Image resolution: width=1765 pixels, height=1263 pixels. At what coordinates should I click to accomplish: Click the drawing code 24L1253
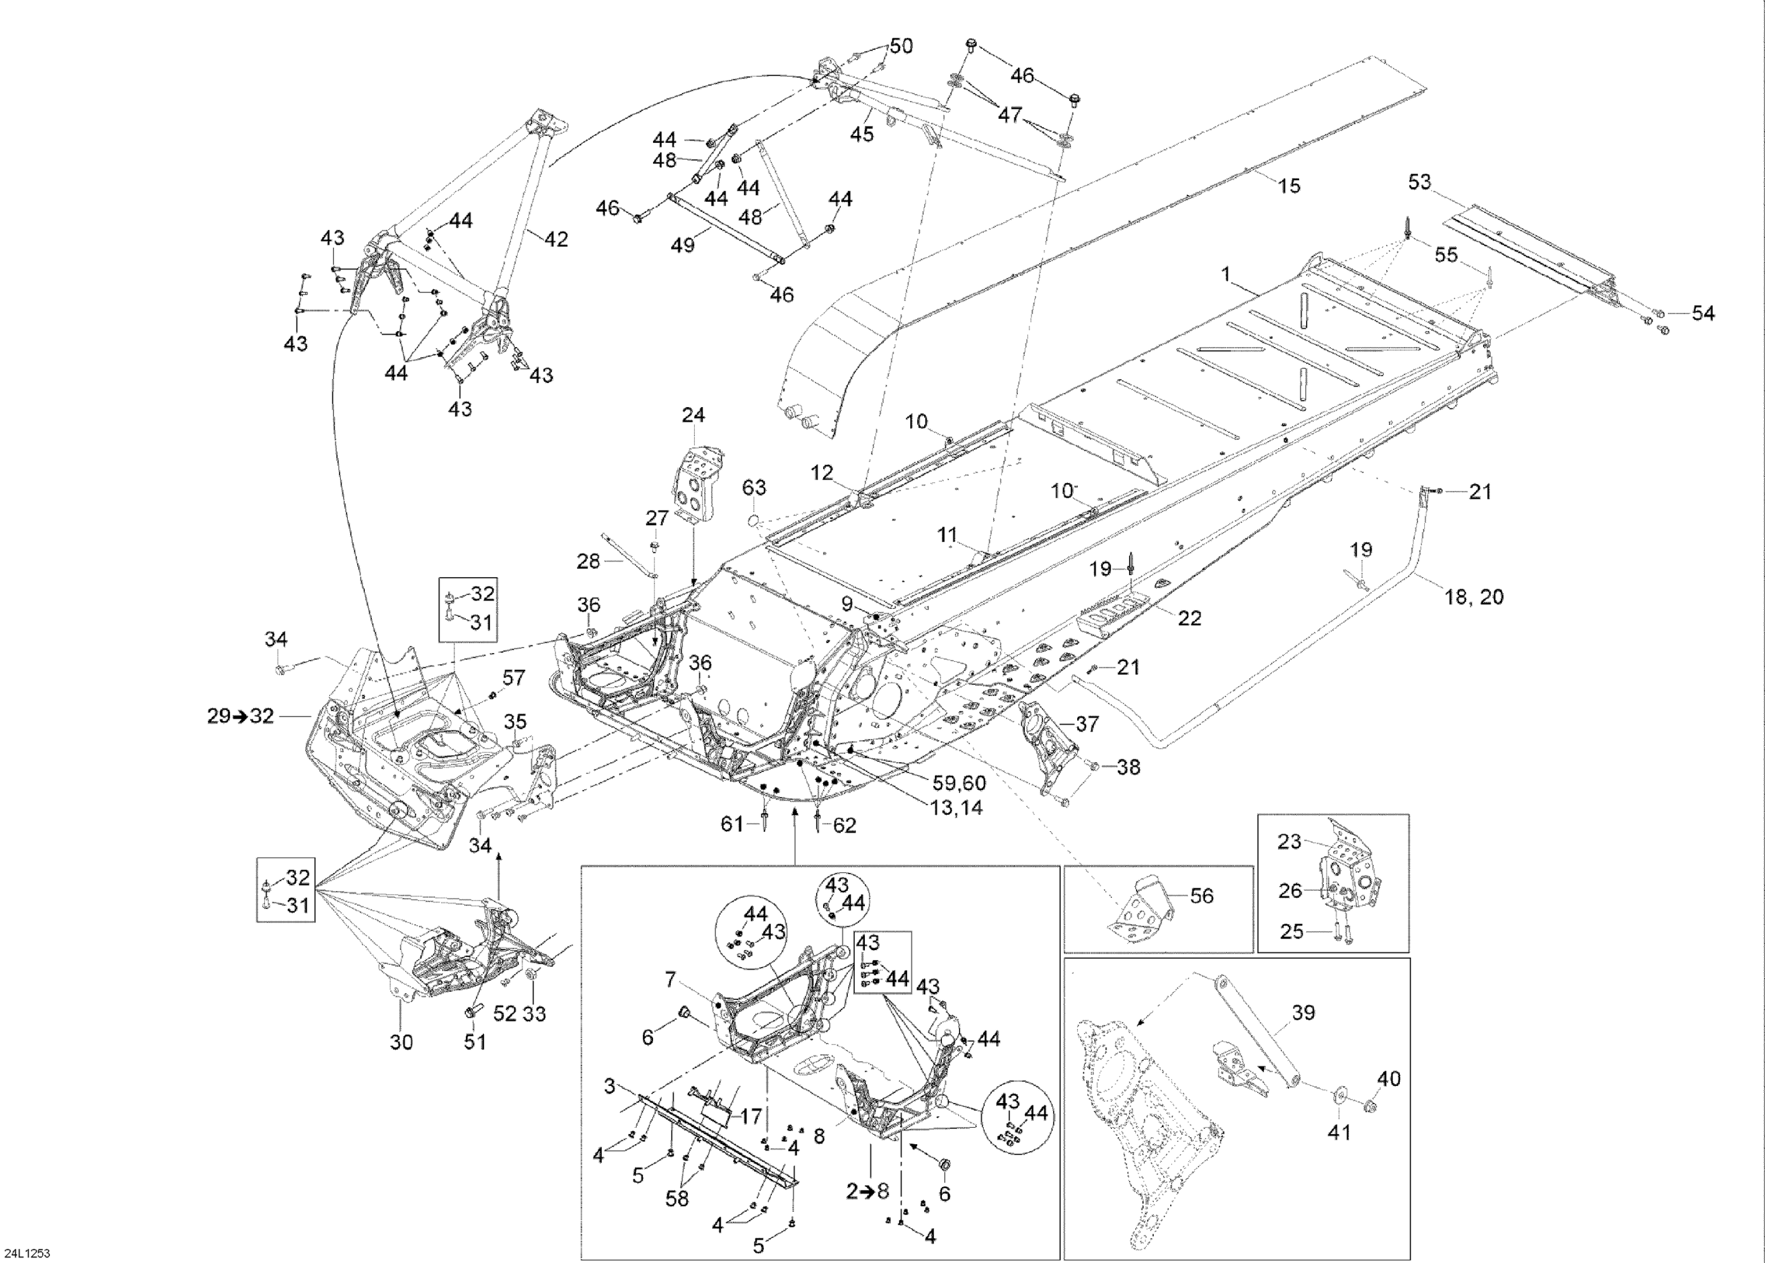coord(26,1254)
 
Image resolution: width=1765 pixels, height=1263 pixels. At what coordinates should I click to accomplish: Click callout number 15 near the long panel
coord(1289,186)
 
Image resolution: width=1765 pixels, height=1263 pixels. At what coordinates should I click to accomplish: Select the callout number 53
coord(1419,182)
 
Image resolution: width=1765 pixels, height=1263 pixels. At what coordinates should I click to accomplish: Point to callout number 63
coord(754,488)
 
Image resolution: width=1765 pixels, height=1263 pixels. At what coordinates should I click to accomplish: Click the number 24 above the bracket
coord(693,415)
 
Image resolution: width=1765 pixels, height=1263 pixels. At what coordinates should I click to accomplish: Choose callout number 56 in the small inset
coord(1202,896)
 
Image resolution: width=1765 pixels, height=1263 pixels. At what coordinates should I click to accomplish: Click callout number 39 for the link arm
coord(1303,1012)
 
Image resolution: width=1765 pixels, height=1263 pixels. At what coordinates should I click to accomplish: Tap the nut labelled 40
coord(1388,1079)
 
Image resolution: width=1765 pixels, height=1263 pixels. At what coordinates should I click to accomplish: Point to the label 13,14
coord(956,808)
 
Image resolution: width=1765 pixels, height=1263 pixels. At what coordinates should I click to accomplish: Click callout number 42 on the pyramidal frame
coord(556,239)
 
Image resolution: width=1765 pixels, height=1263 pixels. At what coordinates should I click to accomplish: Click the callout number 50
coord(901,46)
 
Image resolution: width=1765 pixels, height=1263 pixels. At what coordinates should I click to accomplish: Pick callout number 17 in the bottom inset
coord(751,1117)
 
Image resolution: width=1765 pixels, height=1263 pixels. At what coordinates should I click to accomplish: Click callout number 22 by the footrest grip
coord(1190,618)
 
